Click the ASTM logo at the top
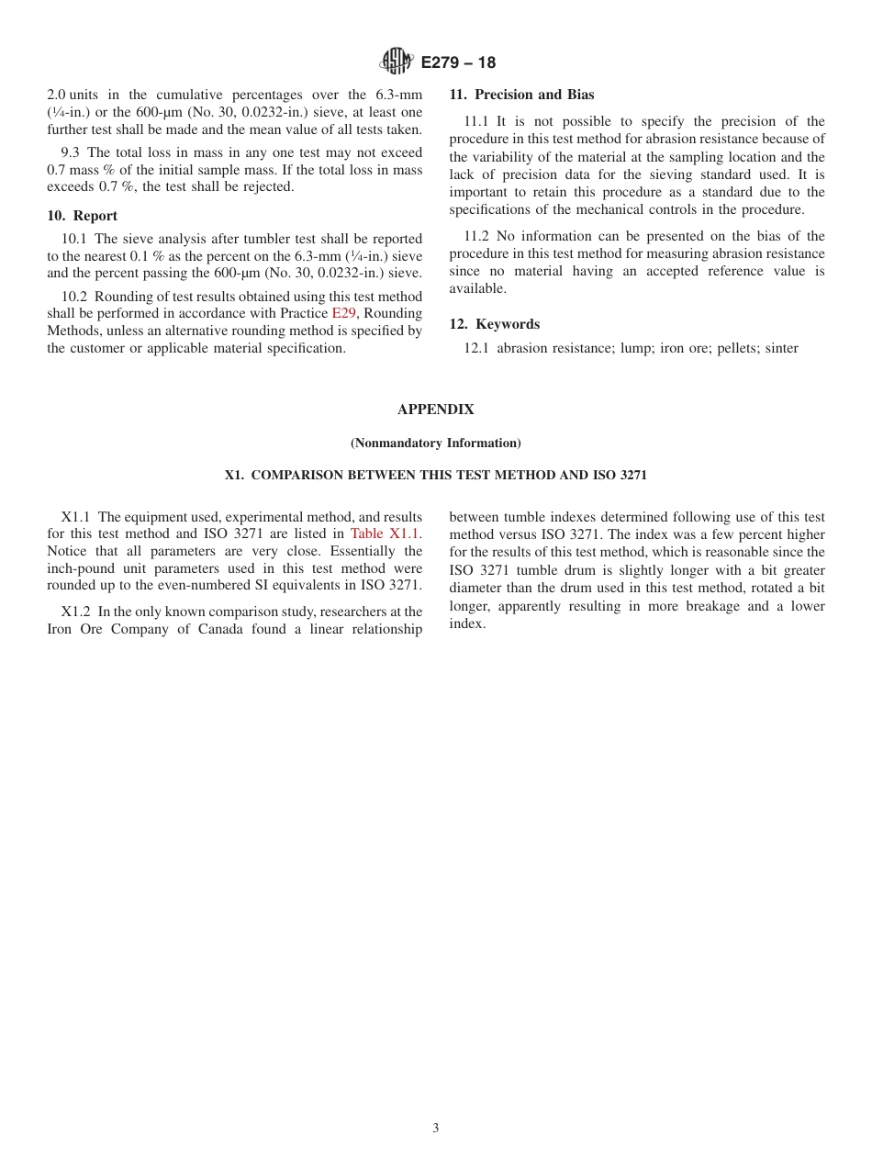(x=397, y=62)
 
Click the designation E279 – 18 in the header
(x=458, y=63)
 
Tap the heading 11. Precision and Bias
(x=521, y=95)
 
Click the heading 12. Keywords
(x=494, y=324)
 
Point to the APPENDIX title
(x=435, y=410)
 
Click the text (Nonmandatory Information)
(x=435, y=444)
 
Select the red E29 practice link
(x=343, y=313)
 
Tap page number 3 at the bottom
(x=435, y=1129)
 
